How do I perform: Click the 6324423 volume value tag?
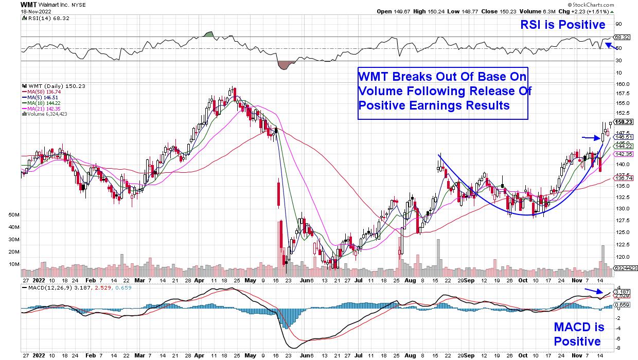pos(626,268)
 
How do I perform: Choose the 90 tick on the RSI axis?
pos(619,24)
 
